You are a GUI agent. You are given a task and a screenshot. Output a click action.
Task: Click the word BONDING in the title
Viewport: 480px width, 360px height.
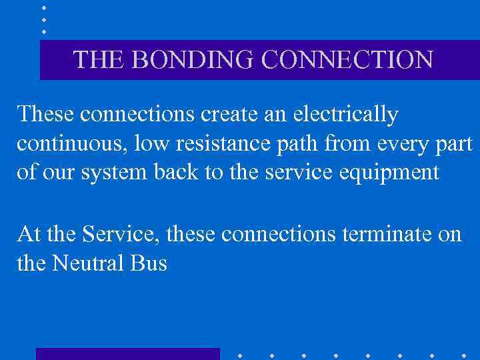click(194, 59)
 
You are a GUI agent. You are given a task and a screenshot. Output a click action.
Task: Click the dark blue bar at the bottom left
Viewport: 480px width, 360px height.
click(127, 354)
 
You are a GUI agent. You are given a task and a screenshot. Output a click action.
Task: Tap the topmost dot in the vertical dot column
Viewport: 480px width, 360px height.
click(44, 7)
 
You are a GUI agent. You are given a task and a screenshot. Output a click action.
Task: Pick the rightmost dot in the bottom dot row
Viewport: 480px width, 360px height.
click(464, 355)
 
